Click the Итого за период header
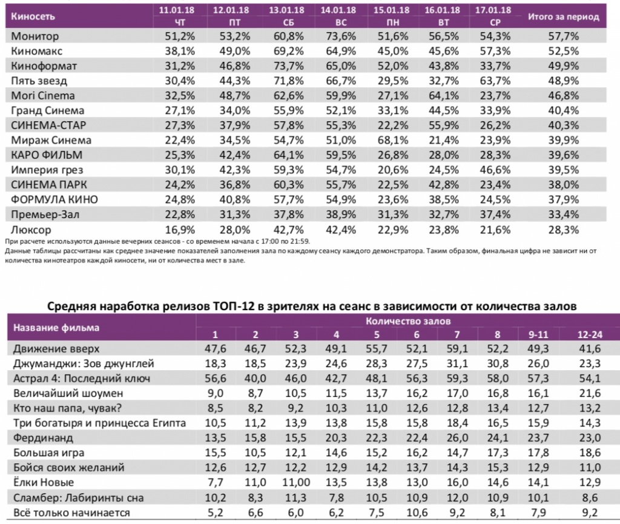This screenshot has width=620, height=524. tap(563, 17)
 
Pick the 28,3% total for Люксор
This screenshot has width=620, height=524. tap(564, 230)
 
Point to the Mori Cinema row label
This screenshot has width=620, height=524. tap(44, 96)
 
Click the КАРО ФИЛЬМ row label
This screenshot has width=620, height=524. tap(47, 155)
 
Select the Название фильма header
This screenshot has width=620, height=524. tap(53, 328)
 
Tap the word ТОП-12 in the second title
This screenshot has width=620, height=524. tap(231, 307)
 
